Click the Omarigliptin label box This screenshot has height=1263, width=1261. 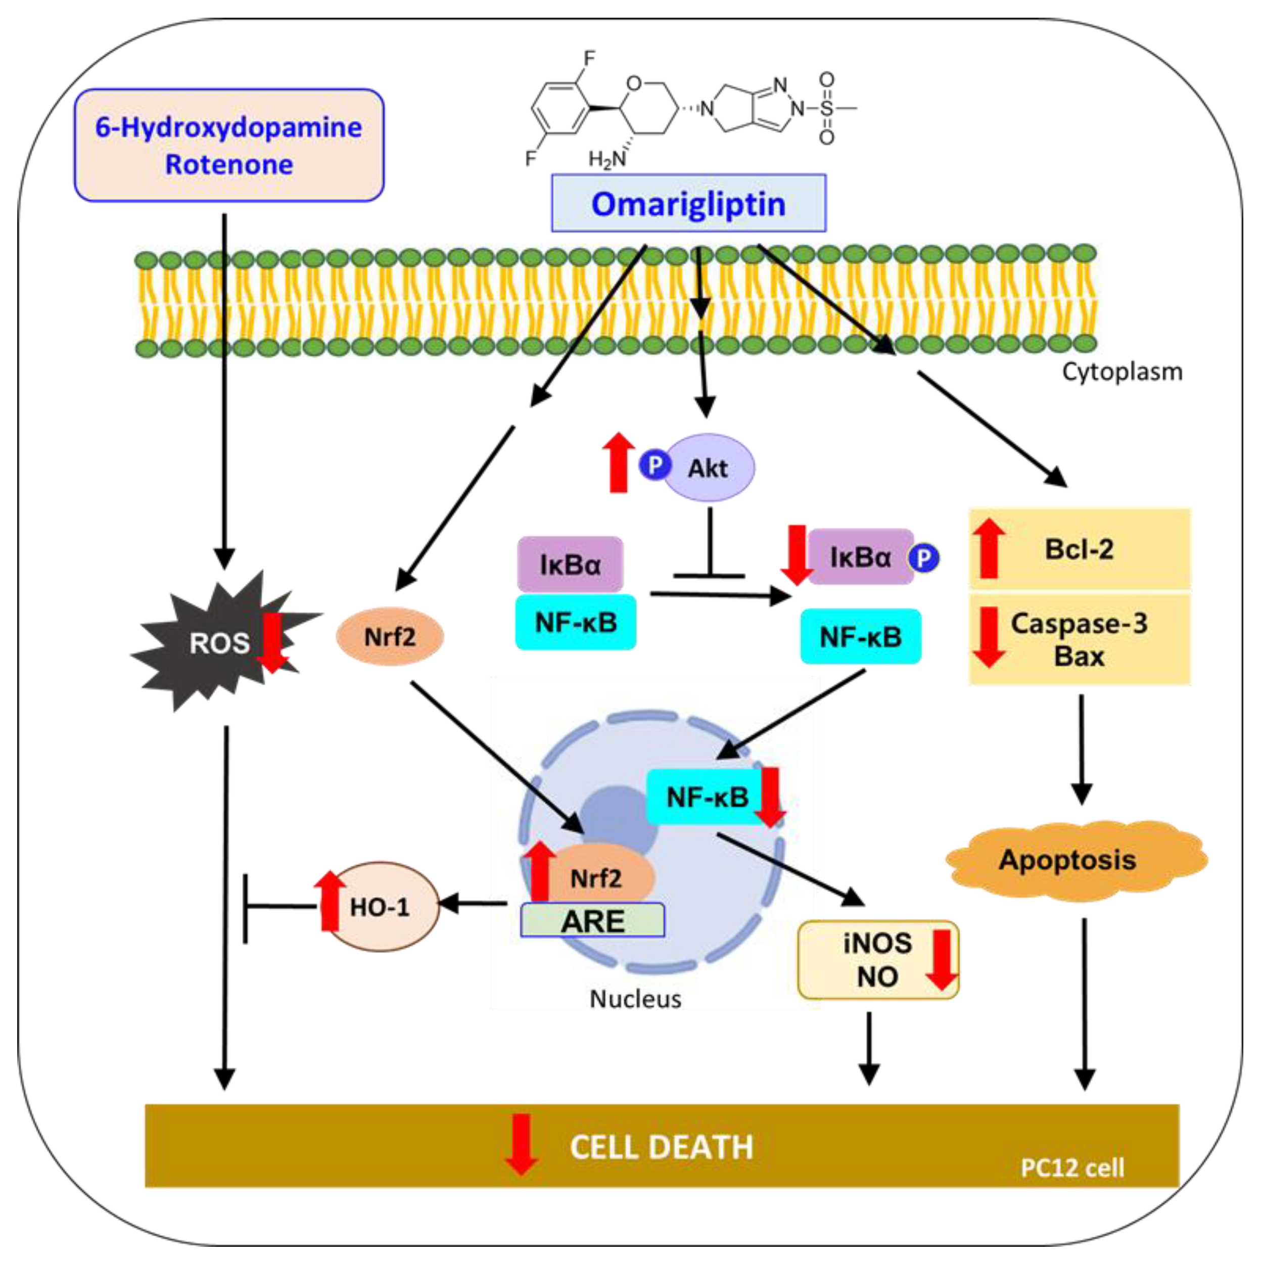688,203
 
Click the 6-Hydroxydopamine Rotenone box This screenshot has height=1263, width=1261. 229,145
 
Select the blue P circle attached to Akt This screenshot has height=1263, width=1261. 655,465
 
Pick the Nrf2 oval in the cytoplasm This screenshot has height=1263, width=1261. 390,636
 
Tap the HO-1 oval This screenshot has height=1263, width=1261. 381,907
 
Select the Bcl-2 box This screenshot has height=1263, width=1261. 1079,549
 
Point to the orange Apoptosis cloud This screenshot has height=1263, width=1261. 1067,860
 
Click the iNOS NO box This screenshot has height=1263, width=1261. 877,960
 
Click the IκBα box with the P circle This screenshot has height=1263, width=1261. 860,557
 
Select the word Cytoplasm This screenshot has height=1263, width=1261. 1122,371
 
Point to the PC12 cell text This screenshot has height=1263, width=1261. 1072,1167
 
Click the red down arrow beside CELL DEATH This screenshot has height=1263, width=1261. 521,1146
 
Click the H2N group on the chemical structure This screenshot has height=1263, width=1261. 606,159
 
